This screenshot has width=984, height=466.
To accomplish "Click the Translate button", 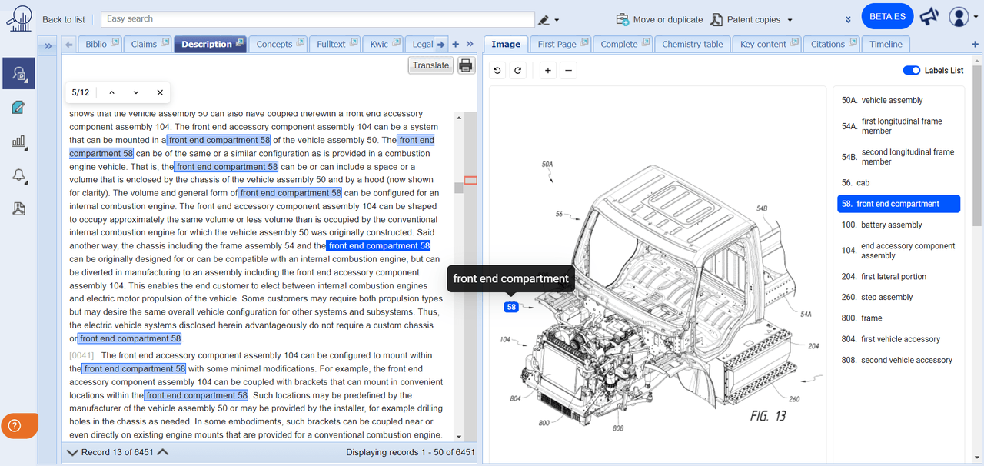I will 430,65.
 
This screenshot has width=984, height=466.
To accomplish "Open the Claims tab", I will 144,44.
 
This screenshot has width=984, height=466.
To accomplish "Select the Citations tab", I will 827,44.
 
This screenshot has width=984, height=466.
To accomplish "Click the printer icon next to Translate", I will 466,65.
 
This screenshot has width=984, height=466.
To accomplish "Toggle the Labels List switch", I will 912,70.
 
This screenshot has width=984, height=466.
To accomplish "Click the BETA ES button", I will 887,17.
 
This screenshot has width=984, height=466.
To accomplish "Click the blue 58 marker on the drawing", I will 511,308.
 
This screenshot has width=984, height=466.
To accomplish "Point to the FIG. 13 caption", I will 767,416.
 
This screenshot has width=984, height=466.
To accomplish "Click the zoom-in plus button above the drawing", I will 547,71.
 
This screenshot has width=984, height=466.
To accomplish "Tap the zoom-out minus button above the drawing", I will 568,71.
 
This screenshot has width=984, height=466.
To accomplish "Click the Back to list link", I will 64,19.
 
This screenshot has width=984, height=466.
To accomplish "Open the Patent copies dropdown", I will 751,19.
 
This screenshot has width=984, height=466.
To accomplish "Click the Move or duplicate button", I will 660,19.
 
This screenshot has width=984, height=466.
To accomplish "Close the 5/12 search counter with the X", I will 160,92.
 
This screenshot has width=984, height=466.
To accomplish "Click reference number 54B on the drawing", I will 762,208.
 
